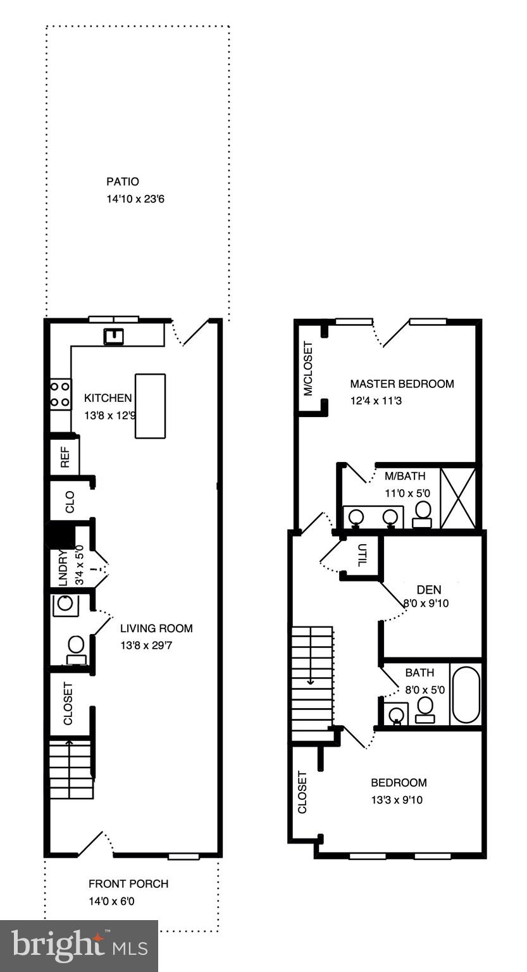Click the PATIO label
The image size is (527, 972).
pos(123,182)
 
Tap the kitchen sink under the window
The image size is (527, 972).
pos(114,335)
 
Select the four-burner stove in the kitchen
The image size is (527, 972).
pos(61,394)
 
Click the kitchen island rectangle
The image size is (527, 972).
pos(150,406)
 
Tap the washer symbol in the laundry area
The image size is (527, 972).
pos(65,603)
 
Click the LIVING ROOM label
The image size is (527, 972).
pos(156,628)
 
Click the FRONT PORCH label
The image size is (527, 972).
pos(128,883)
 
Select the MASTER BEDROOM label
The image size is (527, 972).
pos(402,383)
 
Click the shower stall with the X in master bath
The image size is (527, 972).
pos(458,498)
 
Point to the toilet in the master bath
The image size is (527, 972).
pos(423,513)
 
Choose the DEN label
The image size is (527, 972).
pos(428,590)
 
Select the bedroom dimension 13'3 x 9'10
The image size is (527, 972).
pos(397,800)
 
